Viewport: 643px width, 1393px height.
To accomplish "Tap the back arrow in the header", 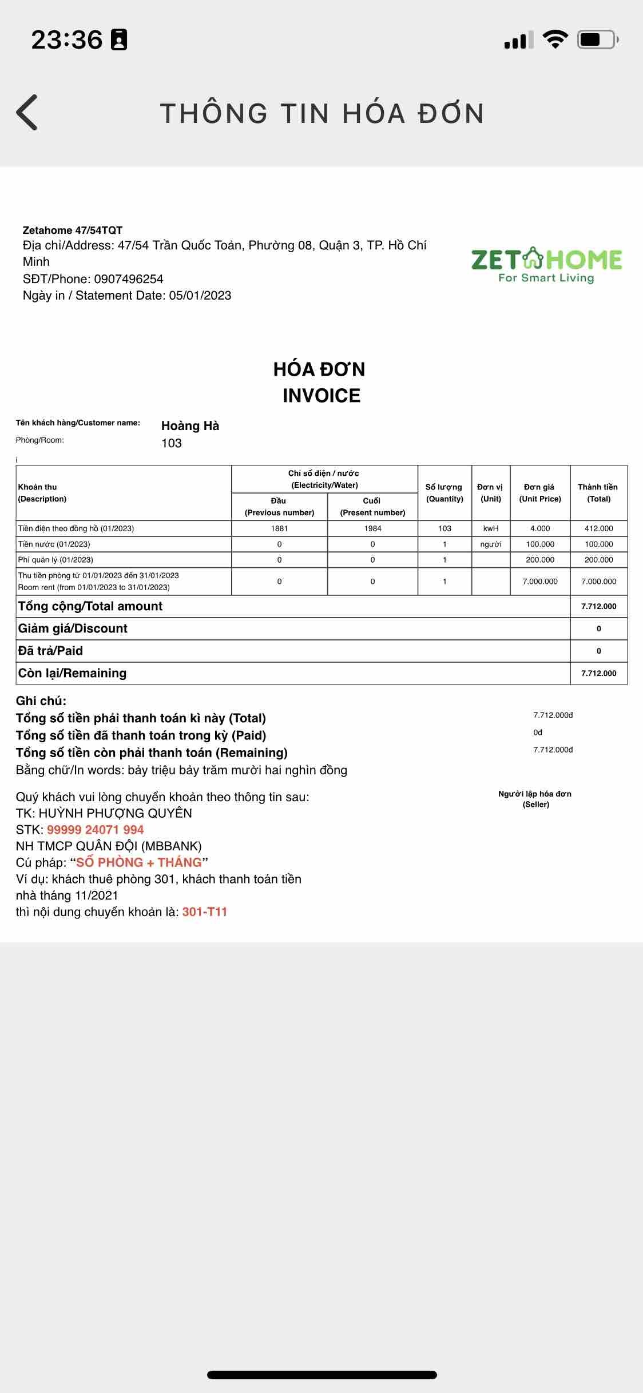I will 27,112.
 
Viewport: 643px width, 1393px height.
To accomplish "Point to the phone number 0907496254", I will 129,279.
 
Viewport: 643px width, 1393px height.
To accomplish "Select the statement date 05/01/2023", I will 200,296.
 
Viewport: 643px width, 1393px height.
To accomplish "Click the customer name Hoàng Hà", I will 190,426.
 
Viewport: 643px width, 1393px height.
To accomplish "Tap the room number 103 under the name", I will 172,443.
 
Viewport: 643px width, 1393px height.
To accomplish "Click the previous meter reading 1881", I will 279,528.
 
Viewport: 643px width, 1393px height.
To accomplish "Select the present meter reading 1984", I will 372,528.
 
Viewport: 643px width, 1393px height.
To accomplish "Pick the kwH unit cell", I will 491,528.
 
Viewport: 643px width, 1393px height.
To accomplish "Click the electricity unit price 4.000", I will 540,528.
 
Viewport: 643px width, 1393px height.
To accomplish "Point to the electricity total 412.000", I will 598,528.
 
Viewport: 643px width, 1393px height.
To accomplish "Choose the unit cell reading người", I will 491,544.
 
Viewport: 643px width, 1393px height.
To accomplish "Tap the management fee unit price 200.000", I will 540,560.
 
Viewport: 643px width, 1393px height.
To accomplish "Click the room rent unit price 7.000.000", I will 540,582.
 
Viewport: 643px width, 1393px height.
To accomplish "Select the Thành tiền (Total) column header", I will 598,493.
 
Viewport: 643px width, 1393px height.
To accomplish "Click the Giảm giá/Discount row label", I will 73,628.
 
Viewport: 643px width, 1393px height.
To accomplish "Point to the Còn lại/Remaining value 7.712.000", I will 598,673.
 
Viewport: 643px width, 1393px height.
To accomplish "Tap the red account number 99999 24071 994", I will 96,830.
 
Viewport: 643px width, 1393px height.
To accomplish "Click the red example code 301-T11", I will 205,912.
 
